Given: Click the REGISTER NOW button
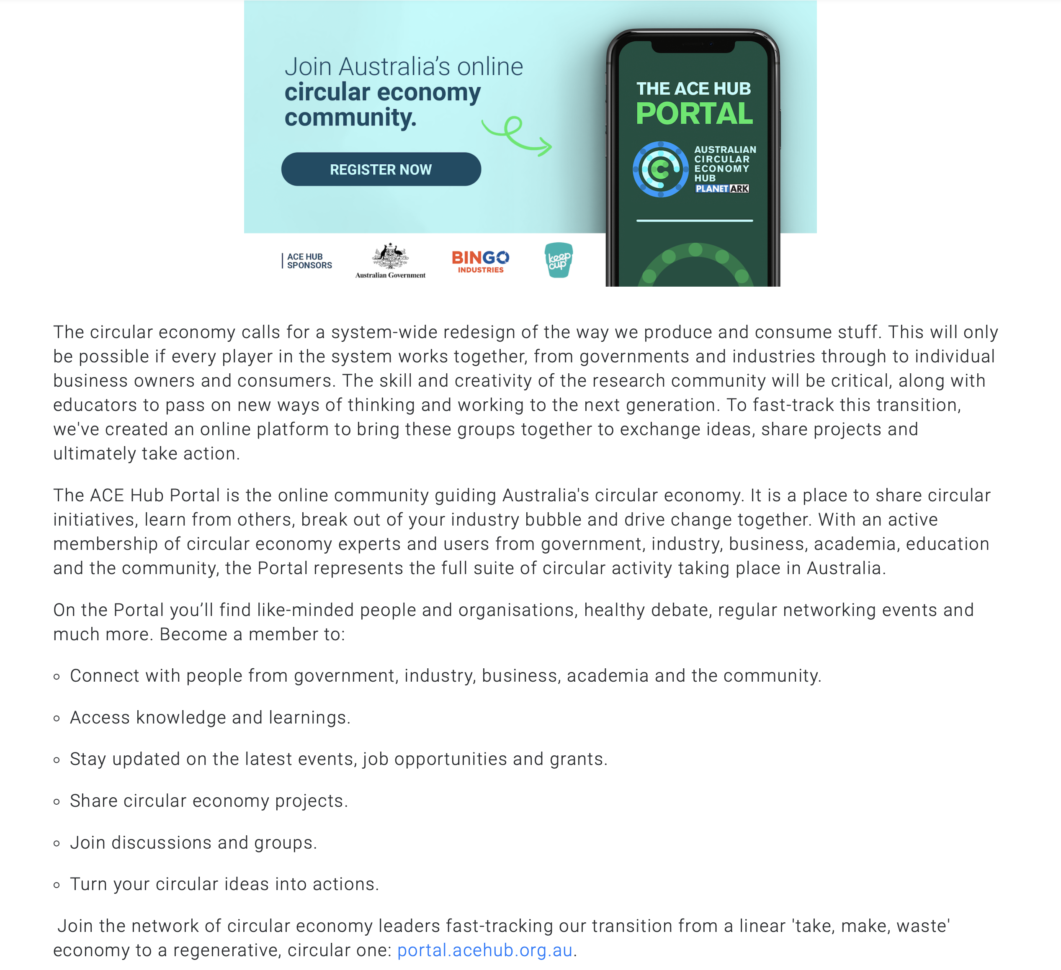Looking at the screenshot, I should [381, 169].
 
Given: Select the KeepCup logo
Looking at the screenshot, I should [559, 260].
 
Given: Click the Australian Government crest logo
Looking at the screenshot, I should [390, 260].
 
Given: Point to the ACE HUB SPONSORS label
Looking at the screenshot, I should [309, 261].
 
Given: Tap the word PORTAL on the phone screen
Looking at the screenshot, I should [694, 114].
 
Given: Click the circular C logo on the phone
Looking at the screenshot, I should [660, 169].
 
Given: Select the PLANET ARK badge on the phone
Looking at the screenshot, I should [722, 189].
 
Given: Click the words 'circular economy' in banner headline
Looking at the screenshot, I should [382, 92].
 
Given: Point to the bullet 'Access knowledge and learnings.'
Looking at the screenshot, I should [210, 718].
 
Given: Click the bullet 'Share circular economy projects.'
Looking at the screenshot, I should [209, 801].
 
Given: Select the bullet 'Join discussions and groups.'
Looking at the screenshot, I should [193, 843].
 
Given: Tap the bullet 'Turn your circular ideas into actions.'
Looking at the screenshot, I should [224, 884].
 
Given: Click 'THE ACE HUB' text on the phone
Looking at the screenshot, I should [693, 88].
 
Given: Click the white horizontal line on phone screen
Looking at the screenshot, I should [694, 221].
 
